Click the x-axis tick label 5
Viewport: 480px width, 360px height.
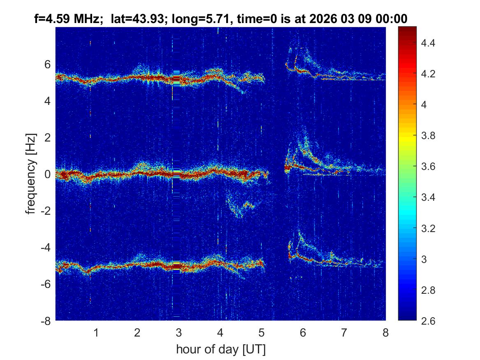pyautogui.click(x=262, y=332)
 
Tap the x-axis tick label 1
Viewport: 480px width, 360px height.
pyautogui.click(x=96, y=332)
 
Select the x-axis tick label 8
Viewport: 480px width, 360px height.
pyautogui.click(x=385, y=332)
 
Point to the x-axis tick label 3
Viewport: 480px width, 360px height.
pyautogui.click(x=179, y=332)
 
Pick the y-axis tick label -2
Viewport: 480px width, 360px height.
pyautogui.click(x=45, y=211)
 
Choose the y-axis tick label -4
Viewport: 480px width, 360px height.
pyautogui.click(x=45, y=248)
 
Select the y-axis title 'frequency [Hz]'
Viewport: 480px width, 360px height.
pyautogui.click(x=31, y=173)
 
